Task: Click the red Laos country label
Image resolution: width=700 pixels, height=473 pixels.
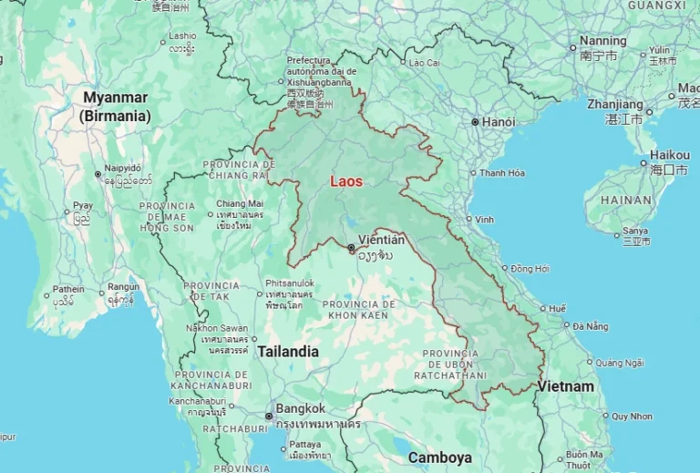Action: pyautogui.click(x=345, y=181)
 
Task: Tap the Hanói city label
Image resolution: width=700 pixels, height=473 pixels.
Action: pyautogui.click(x=499, y=122)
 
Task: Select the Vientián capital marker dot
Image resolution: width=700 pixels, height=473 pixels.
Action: pyautogui.click(x=352, y=247)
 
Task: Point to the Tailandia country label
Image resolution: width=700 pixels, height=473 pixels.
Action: pyautogui.click(x=288, y=351)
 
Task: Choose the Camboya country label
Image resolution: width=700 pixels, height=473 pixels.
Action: pyautogui.click(x=440, y=457)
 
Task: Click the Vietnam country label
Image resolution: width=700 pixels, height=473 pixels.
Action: pyautogui.click(x=565, y=386)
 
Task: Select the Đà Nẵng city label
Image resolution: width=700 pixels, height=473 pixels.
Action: pyautogui.click(x=591, y=326)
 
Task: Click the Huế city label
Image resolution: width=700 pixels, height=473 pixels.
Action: pyautogui.click(x=557, y=308)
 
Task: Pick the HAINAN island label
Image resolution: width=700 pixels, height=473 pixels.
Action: pyautogui.click(x=626, y=200)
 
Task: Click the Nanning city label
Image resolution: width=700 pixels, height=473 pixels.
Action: pyautogui.click(x=602, y=41)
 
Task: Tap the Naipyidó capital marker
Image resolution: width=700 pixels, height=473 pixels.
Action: pyautogui.click(x=98, y=173)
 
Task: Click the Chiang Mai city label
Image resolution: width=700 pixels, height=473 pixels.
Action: pyautogui.click(x=240, y=203)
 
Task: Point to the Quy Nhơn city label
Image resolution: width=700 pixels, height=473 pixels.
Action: pyautogui.click(x=632, y=416)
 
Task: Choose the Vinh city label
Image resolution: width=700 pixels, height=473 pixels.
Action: pyautogui.click(x=484, y=220)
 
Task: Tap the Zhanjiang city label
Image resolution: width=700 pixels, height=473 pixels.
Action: pyautogui.click(x=615, y=105)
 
